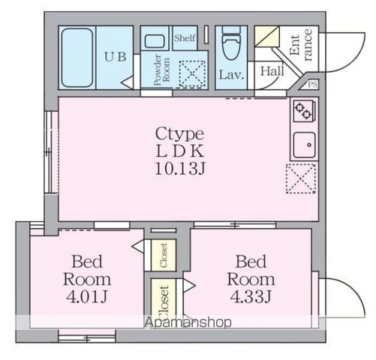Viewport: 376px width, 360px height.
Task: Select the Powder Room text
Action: tap(158, 72)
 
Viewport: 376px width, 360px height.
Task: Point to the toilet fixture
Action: tap(230, 45)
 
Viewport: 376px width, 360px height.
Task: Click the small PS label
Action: tap(313, 85)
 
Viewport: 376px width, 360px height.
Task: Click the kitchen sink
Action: tap(303, 143)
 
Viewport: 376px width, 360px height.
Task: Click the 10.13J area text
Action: tap(180, 168)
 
